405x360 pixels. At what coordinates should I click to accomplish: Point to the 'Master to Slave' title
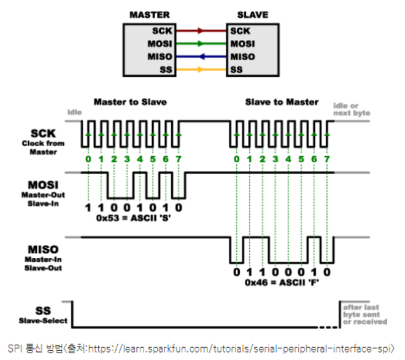point(130,101)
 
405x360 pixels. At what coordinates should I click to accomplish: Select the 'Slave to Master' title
point(282,101)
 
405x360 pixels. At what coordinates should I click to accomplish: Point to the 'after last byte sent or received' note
point(364,314)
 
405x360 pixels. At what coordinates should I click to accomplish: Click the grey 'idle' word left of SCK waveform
point(74,112)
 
